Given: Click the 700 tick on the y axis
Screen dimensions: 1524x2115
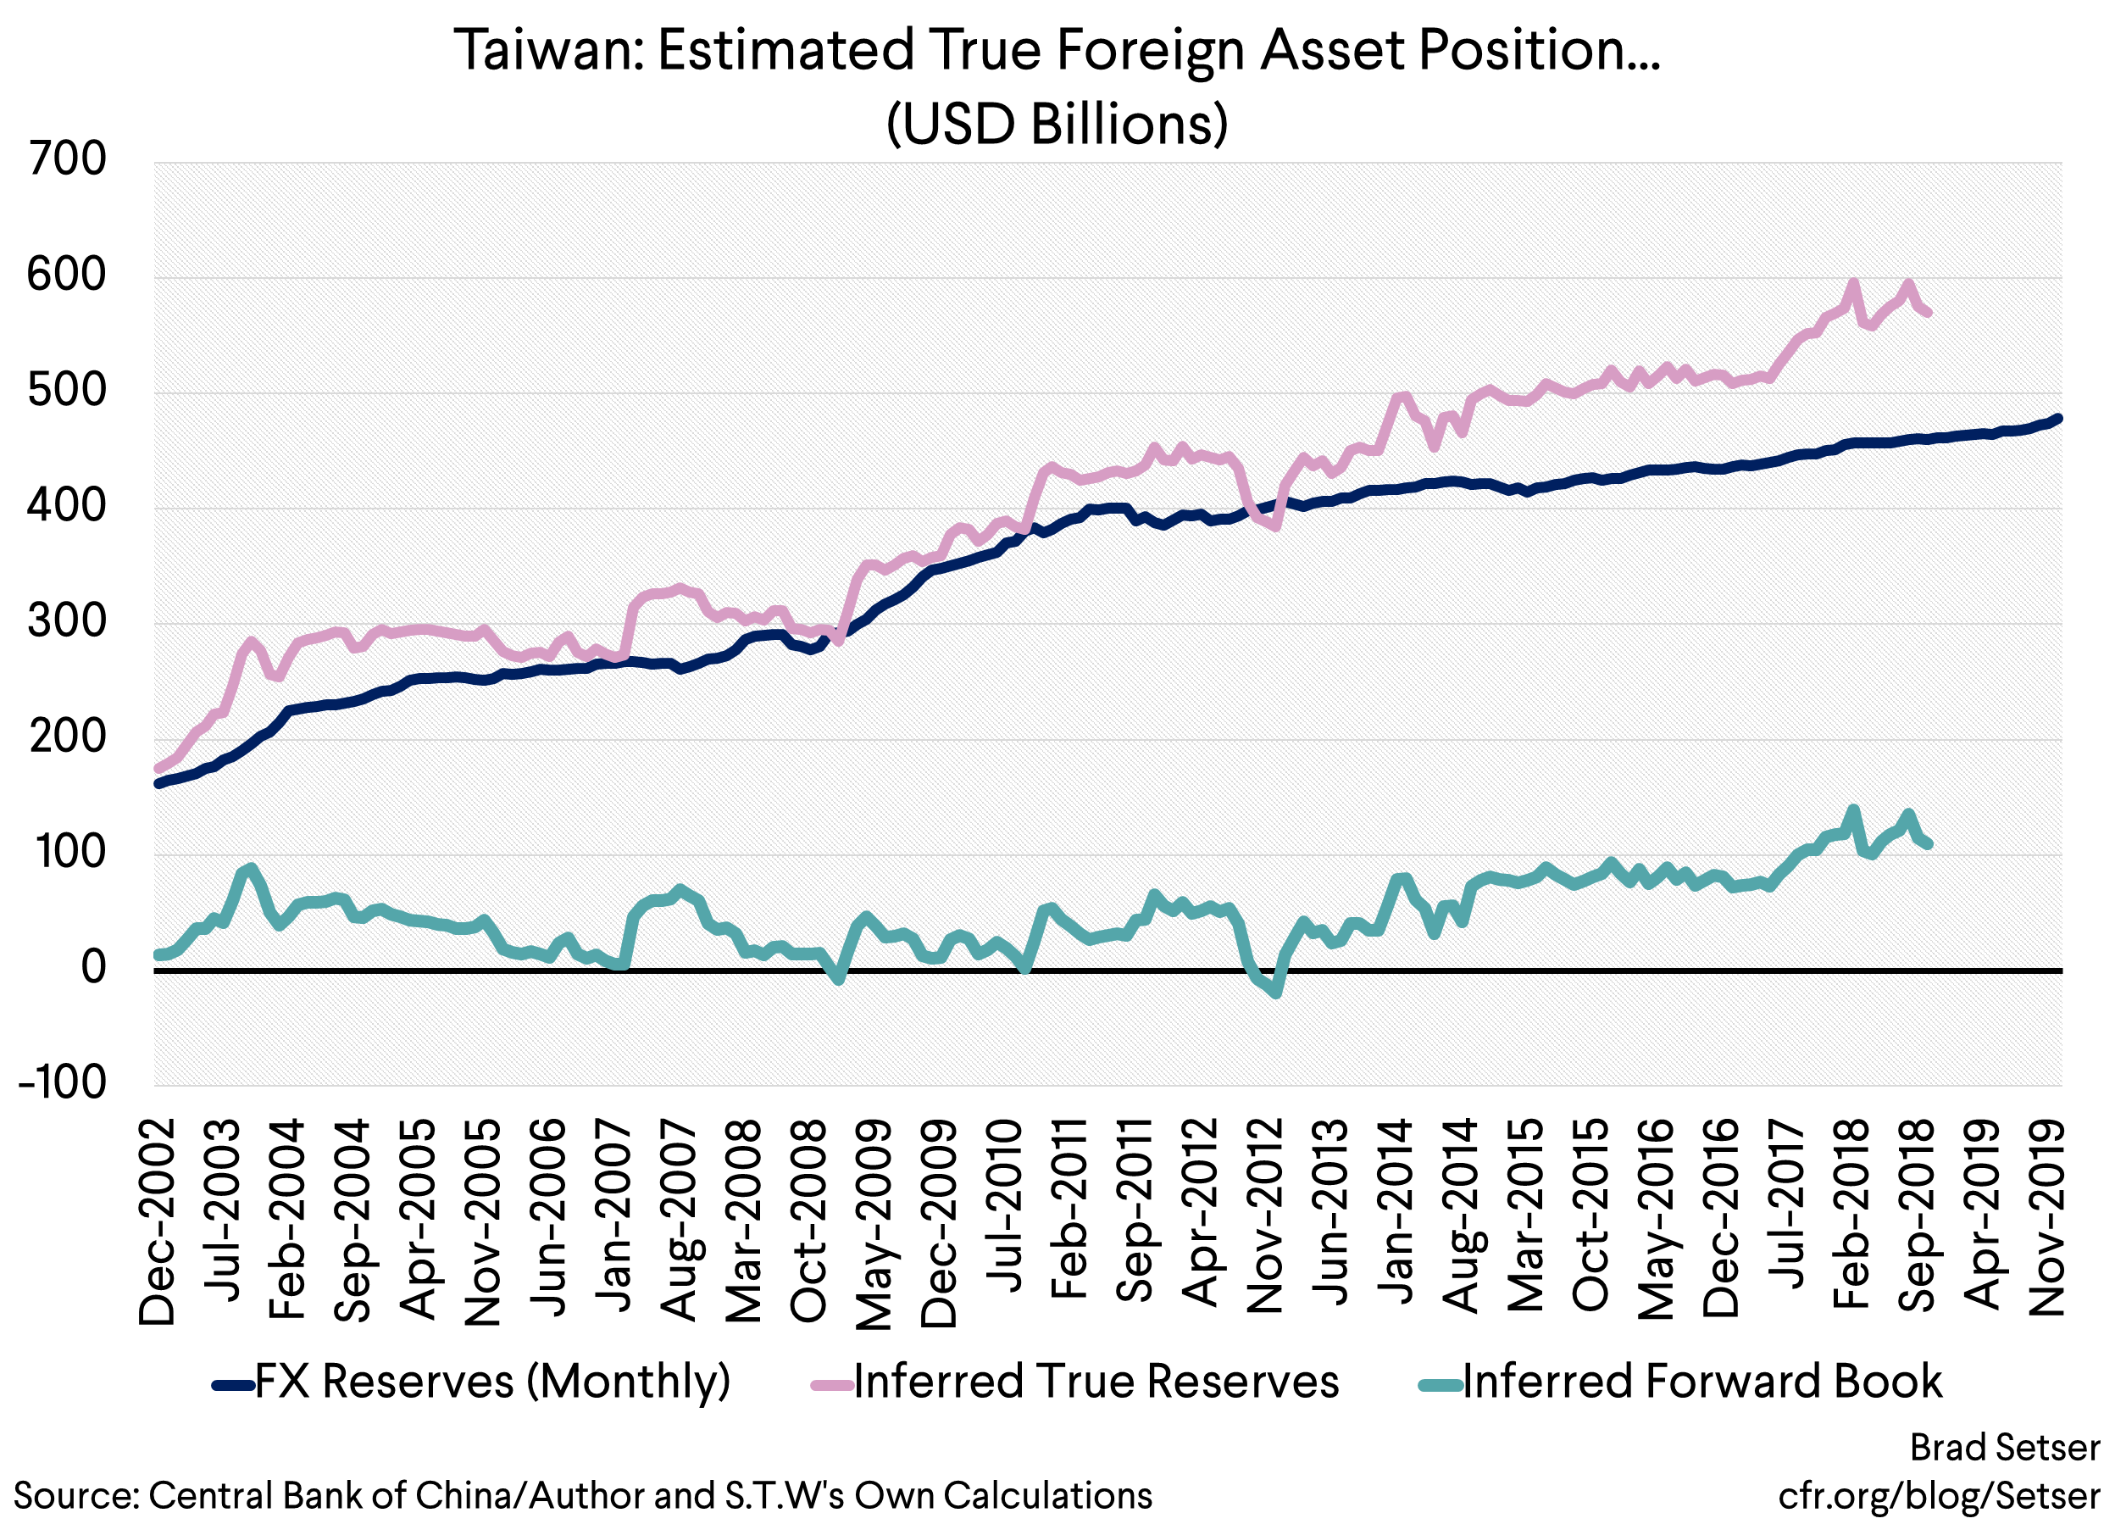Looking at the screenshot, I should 67,159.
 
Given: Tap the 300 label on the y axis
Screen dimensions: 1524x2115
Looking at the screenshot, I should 67,621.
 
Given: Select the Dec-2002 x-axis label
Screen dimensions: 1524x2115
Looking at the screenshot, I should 157,1221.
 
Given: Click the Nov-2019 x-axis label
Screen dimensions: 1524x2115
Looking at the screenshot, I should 2047,1218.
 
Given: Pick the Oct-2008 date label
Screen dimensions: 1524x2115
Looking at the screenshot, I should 808,1221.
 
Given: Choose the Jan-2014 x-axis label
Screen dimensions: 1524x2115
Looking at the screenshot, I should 1395,1212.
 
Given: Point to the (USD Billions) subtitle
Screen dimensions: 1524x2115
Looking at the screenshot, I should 1057,123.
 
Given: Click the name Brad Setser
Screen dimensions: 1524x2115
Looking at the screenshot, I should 2005,1448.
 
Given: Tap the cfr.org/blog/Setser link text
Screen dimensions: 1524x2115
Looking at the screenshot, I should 1939,1495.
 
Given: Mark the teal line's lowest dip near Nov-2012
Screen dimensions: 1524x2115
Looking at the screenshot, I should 1276,994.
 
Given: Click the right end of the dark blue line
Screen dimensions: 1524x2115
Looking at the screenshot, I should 2058,419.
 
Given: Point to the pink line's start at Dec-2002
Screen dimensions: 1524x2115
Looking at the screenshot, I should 158,770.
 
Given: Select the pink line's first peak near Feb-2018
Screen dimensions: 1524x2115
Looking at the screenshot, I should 1853,284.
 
